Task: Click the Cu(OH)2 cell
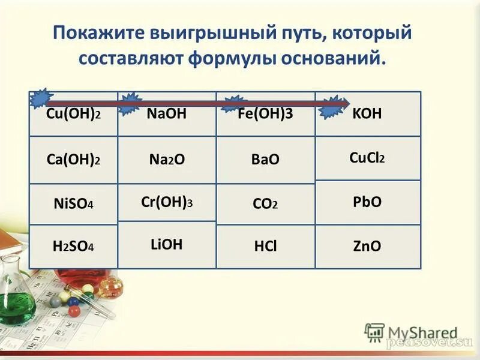(73, 114)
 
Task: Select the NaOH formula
(166, 114)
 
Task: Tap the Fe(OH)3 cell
(265, 114)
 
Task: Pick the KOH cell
(367, 114)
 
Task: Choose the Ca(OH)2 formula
(73, 160)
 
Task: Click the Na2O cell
(166, 160)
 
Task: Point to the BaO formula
(265, 160)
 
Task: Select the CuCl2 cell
(367, 158)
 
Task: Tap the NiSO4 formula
(73, 204)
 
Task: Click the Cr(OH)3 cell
(166, 202)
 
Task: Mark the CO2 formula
(265, 204)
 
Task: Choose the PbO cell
(367, 202)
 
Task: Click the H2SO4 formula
(73, 246)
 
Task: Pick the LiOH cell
(166, 244)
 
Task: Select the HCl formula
(265, 246)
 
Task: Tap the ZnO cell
(367, 246)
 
